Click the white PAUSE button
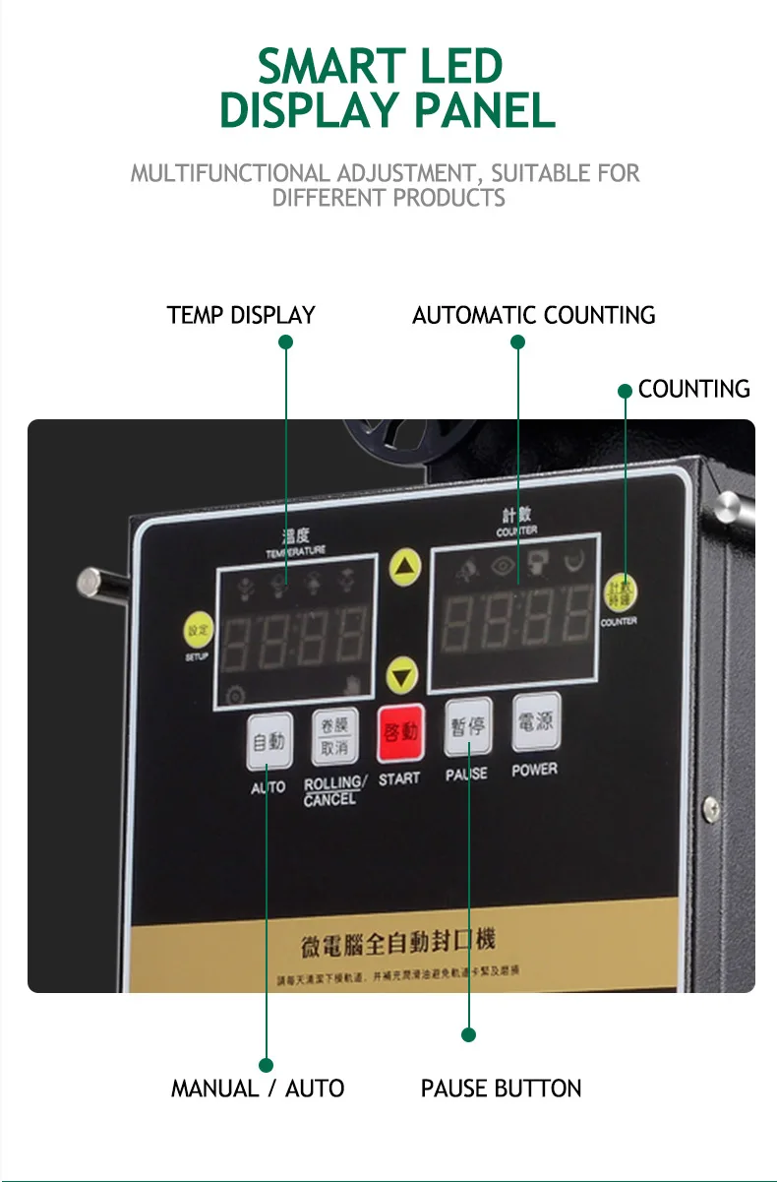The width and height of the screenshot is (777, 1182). tap(467, 729)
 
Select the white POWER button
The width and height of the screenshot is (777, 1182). tap(536, 723)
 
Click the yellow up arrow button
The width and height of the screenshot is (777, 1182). tap(405, 567)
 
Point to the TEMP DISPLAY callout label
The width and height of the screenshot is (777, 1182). tap(241, 316)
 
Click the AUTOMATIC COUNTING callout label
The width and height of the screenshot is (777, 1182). tap(533, 316)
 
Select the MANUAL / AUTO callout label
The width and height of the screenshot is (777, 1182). tap(258, 1089)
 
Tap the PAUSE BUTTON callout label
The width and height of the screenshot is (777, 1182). tap(501, 1089)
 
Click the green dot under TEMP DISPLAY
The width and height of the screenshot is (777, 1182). tap(286, 342)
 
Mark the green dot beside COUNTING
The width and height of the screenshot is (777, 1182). tap(625, 391)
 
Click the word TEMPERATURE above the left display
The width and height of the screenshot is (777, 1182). tap(295, 551)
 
